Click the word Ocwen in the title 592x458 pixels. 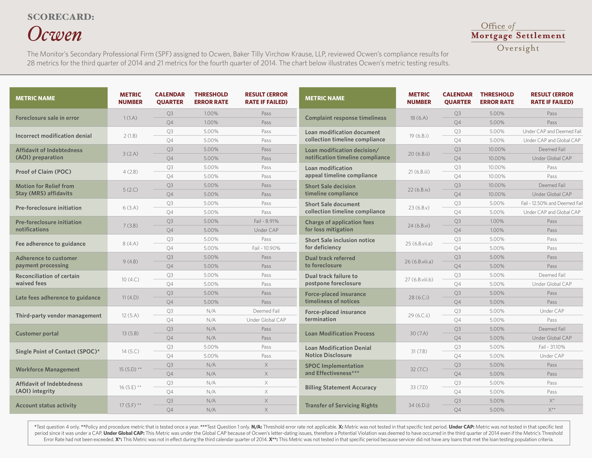(55, 34)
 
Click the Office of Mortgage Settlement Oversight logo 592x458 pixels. (518, 37)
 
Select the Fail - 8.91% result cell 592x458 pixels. (266, 221)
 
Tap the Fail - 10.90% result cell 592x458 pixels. (266, 248)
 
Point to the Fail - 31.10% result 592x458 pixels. (552, 347)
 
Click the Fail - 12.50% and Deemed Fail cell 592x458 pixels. (552, 203)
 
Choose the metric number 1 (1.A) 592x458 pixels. (130, 118)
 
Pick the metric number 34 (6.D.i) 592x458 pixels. (419, 405)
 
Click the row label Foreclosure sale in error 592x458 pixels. (47, 118)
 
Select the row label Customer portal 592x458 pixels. (37, 334)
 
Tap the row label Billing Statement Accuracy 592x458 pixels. (341, 387)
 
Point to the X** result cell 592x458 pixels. (552, 410)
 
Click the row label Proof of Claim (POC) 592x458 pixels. (43, 172)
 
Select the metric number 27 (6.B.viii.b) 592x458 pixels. (419, 279)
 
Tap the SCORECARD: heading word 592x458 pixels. (61, 17)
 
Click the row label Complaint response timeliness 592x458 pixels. (346, 118)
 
